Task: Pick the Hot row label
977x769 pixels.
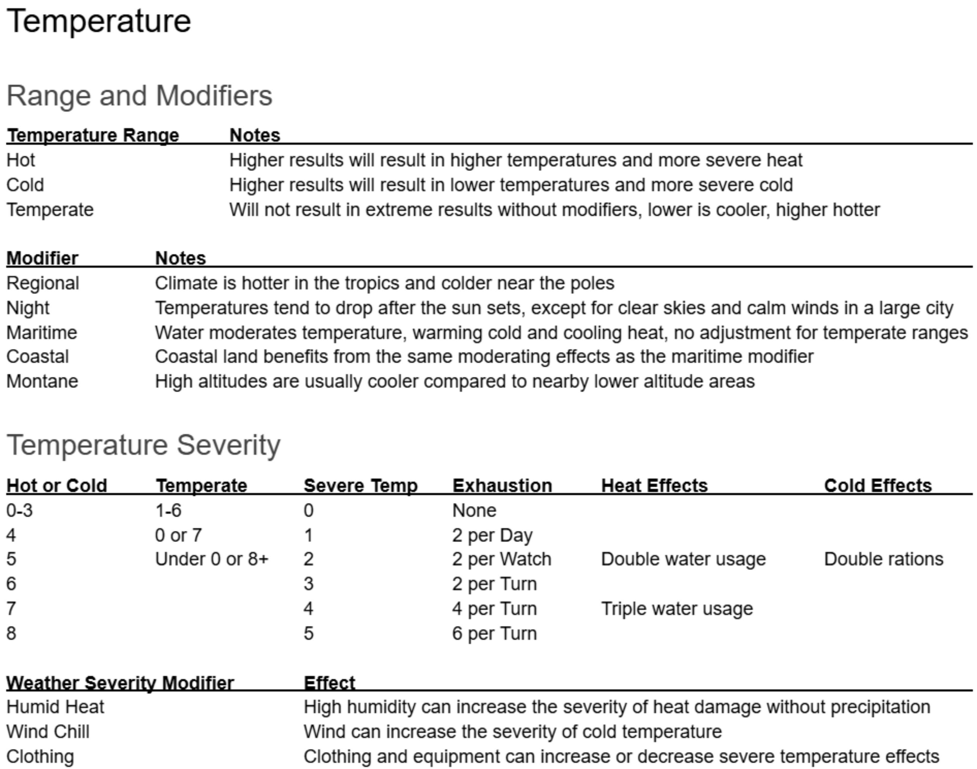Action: coord(21,160)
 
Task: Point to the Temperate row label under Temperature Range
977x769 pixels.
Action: coord(50,210)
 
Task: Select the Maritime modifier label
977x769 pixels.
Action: coord(42,333)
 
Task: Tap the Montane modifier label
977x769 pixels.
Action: coord(42,381)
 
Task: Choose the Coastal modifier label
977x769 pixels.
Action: coord(38,357)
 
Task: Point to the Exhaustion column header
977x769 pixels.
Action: coord(502,485)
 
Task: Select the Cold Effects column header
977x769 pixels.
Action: coord(878,485)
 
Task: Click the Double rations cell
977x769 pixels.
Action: coord(884,559)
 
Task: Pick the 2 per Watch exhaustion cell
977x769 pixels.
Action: coord(502,559)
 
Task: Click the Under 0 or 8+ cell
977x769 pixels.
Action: coord(211,559)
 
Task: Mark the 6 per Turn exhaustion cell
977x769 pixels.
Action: coord(494,634)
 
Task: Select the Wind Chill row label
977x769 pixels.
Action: coord(48,732)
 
